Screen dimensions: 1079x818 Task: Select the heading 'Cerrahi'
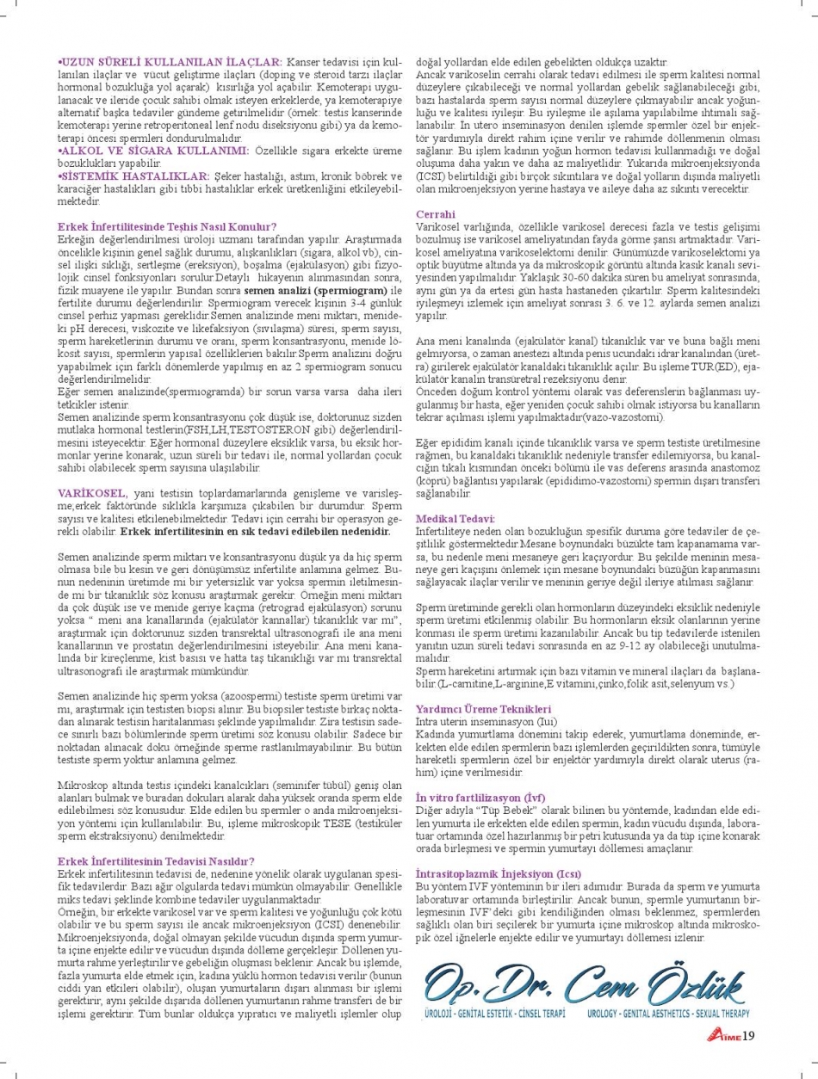click(x=436, y=213)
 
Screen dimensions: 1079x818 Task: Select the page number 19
click(x=747, y=1034)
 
